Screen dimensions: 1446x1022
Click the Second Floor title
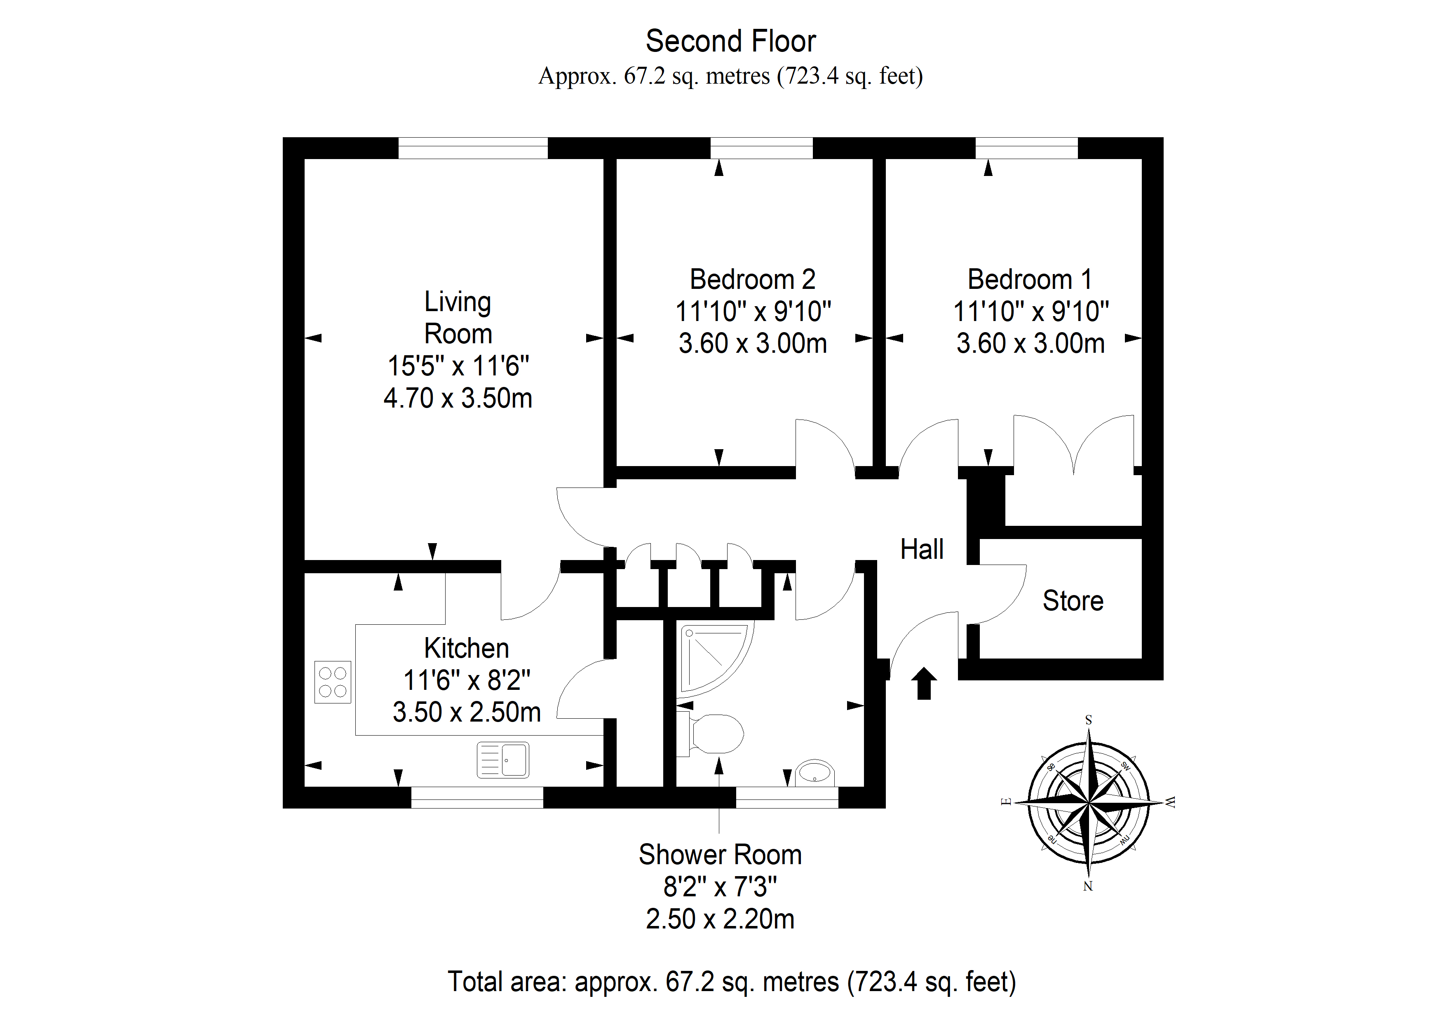pos(730,42)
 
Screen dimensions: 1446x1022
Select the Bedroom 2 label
pos(753,279)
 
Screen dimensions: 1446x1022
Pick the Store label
pos(1073,601)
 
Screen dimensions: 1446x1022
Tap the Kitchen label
pos(466,648)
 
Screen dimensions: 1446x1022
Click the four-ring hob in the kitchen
pos(333,682)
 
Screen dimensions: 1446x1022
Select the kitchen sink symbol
pos(502,759)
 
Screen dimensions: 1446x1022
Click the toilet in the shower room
pos(710,734)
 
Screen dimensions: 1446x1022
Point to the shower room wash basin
pos(815,773)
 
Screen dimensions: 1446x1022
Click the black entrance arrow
pos(924,683)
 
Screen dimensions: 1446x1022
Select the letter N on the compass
pos(1088,886)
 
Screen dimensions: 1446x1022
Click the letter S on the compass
pos(1088,720)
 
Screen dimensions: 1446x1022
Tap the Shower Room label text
pos(720,855)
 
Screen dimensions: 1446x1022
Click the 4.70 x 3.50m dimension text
pos(458,398)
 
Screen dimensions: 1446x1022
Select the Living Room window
pos(473,148)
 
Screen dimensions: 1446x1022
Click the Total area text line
pos(732,982)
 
